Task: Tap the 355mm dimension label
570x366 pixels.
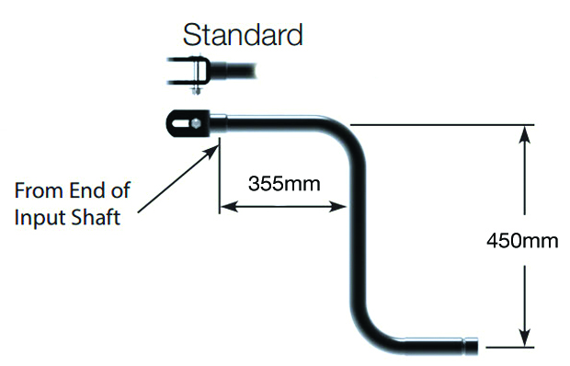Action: point(284,183)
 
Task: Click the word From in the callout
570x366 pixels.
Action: point(37,192)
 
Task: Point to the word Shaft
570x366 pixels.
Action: point(97,221)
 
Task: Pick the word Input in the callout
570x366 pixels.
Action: point(40,221)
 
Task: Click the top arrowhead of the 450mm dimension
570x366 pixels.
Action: point(524,132)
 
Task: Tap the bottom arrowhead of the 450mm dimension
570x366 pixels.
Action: point(524,339)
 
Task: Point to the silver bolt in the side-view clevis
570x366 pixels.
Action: point(193,120)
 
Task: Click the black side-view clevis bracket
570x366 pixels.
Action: point(187,120)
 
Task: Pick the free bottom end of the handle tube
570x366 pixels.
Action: point(471,347)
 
